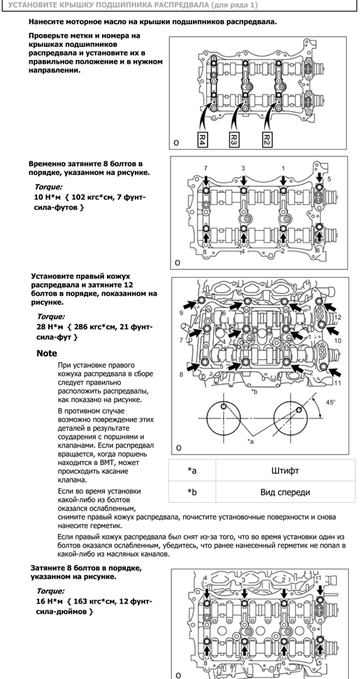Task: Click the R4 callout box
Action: [202, 138]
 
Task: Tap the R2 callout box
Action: [267, 138]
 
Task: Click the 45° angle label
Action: [330, 402]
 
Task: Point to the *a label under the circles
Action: [250, 441]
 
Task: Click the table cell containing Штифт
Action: [286, 471]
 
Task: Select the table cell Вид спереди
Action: [286, 492]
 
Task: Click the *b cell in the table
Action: [192, 492]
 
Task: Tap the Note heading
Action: [47, 353]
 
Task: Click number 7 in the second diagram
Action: [206, 168]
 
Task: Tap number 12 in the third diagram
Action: [338, 317]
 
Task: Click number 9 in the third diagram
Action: [181, 312]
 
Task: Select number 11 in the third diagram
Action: [338, 383]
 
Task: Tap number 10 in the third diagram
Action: [338, 341]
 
